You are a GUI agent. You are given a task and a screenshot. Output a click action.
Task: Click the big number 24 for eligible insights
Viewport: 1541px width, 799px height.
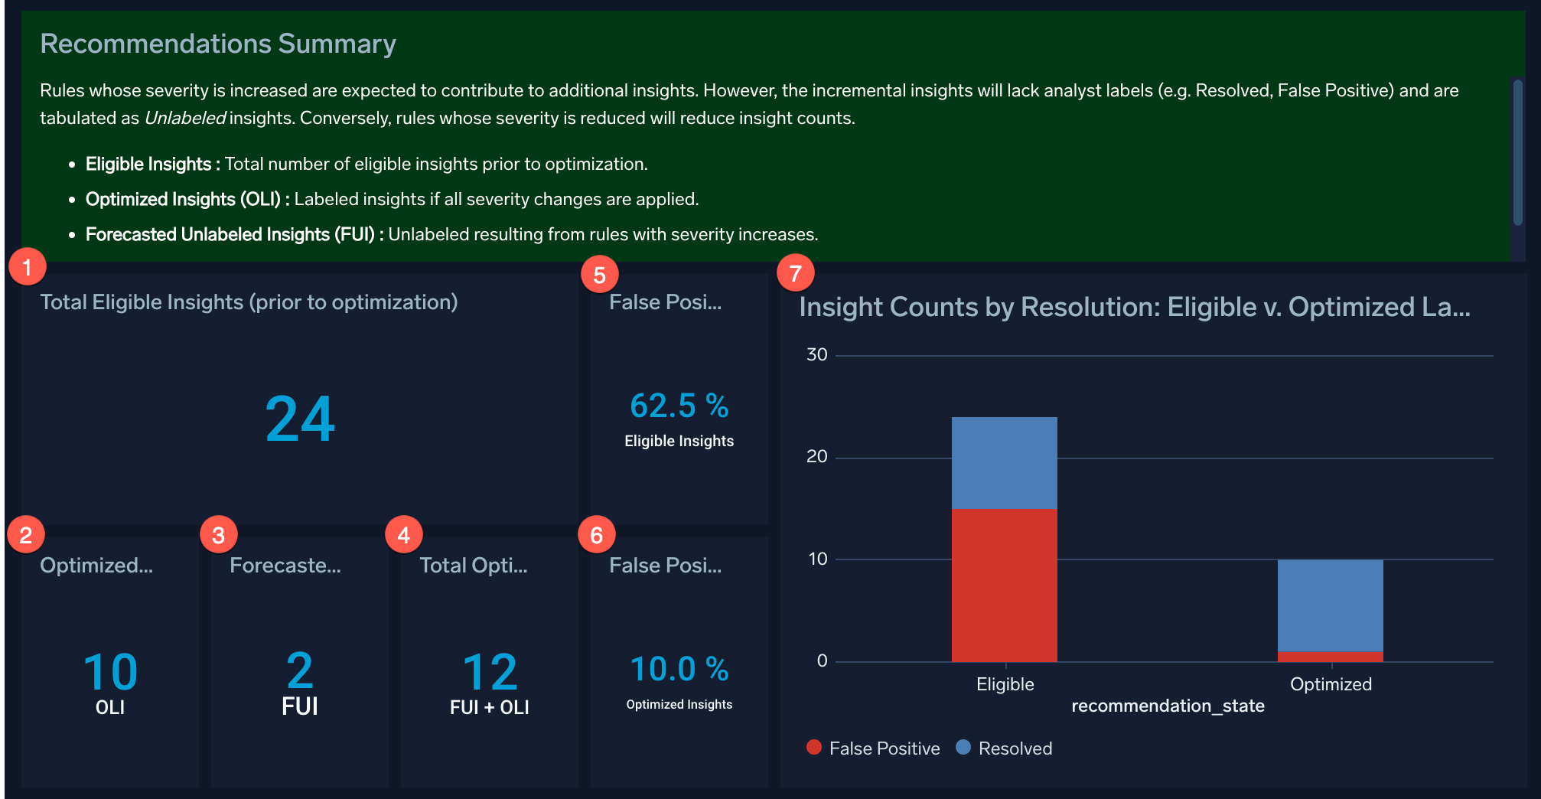(x=300, y=419)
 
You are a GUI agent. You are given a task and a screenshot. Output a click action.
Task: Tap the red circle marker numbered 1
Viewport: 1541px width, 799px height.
(x=28, y=267)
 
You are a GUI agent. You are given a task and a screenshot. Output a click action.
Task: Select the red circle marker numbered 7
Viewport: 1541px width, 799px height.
(x=795, y=272)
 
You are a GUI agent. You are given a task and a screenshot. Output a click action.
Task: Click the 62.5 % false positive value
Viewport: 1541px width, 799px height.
(x=679, y=406)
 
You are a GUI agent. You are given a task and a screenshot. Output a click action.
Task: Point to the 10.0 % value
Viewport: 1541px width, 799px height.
(x=679, y=669)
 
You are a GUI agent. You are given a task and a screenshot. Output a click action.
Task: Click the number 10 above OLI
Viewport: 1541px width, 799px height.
(x=110, y=672)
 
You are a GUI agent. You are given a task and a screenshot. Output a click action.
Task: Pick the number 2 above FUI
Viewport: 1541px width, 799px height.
(x=299, y=670)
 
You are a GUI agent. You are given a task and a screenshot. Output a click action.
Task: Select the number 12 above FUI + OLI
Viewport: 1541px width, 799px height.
(x=490, y=672)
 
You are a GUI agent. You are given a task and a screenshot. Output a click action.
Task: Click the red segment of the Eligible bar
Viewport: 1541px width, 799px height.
(x=1004, y=585)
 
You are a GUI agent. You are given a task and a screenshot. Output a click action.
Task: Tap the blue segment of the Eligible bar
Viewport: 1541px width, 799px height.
(x=1004, y=462)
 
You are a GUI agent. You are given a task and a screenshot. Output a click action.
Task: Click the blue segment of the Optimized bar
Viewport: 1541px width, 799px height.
(x=1330, y=605)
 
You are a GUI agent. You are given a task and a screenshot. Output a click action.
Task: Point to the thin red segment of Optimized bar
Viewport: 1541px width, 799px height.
(x=1330, y=657)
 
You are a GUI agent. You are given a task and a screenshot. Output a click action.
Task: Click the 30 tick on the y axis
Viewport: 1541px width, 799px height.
(x=816, y=354)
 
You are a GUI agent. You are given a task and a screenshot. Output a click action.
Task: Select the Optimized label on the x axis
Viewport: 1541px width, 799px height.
(x=1330, y=684)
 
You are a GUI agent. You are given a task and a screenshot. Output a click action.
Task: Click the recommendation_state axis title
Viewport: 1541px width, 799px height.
(x=1167, y=706)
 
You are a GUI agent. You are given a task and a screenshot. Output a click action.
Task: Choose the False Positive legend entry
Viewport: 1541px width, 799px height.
(x=873, y=748)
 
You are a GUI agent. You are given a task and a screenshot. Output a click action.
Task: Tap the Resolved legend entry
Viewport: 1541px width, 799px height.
(x=1005, y=748)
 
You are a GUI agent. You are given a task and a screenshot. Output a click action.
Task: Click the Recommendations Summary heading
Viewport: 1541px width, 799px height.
(x=218, y=44)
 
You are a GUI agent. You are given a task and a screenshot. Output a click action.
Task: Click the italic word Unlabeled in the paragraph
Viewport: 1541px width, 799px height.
(x=184, y=118)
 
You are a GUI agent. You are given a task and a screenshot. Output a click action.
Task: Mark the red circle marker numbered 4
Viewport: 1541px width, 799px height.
(x=404, y=534)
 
